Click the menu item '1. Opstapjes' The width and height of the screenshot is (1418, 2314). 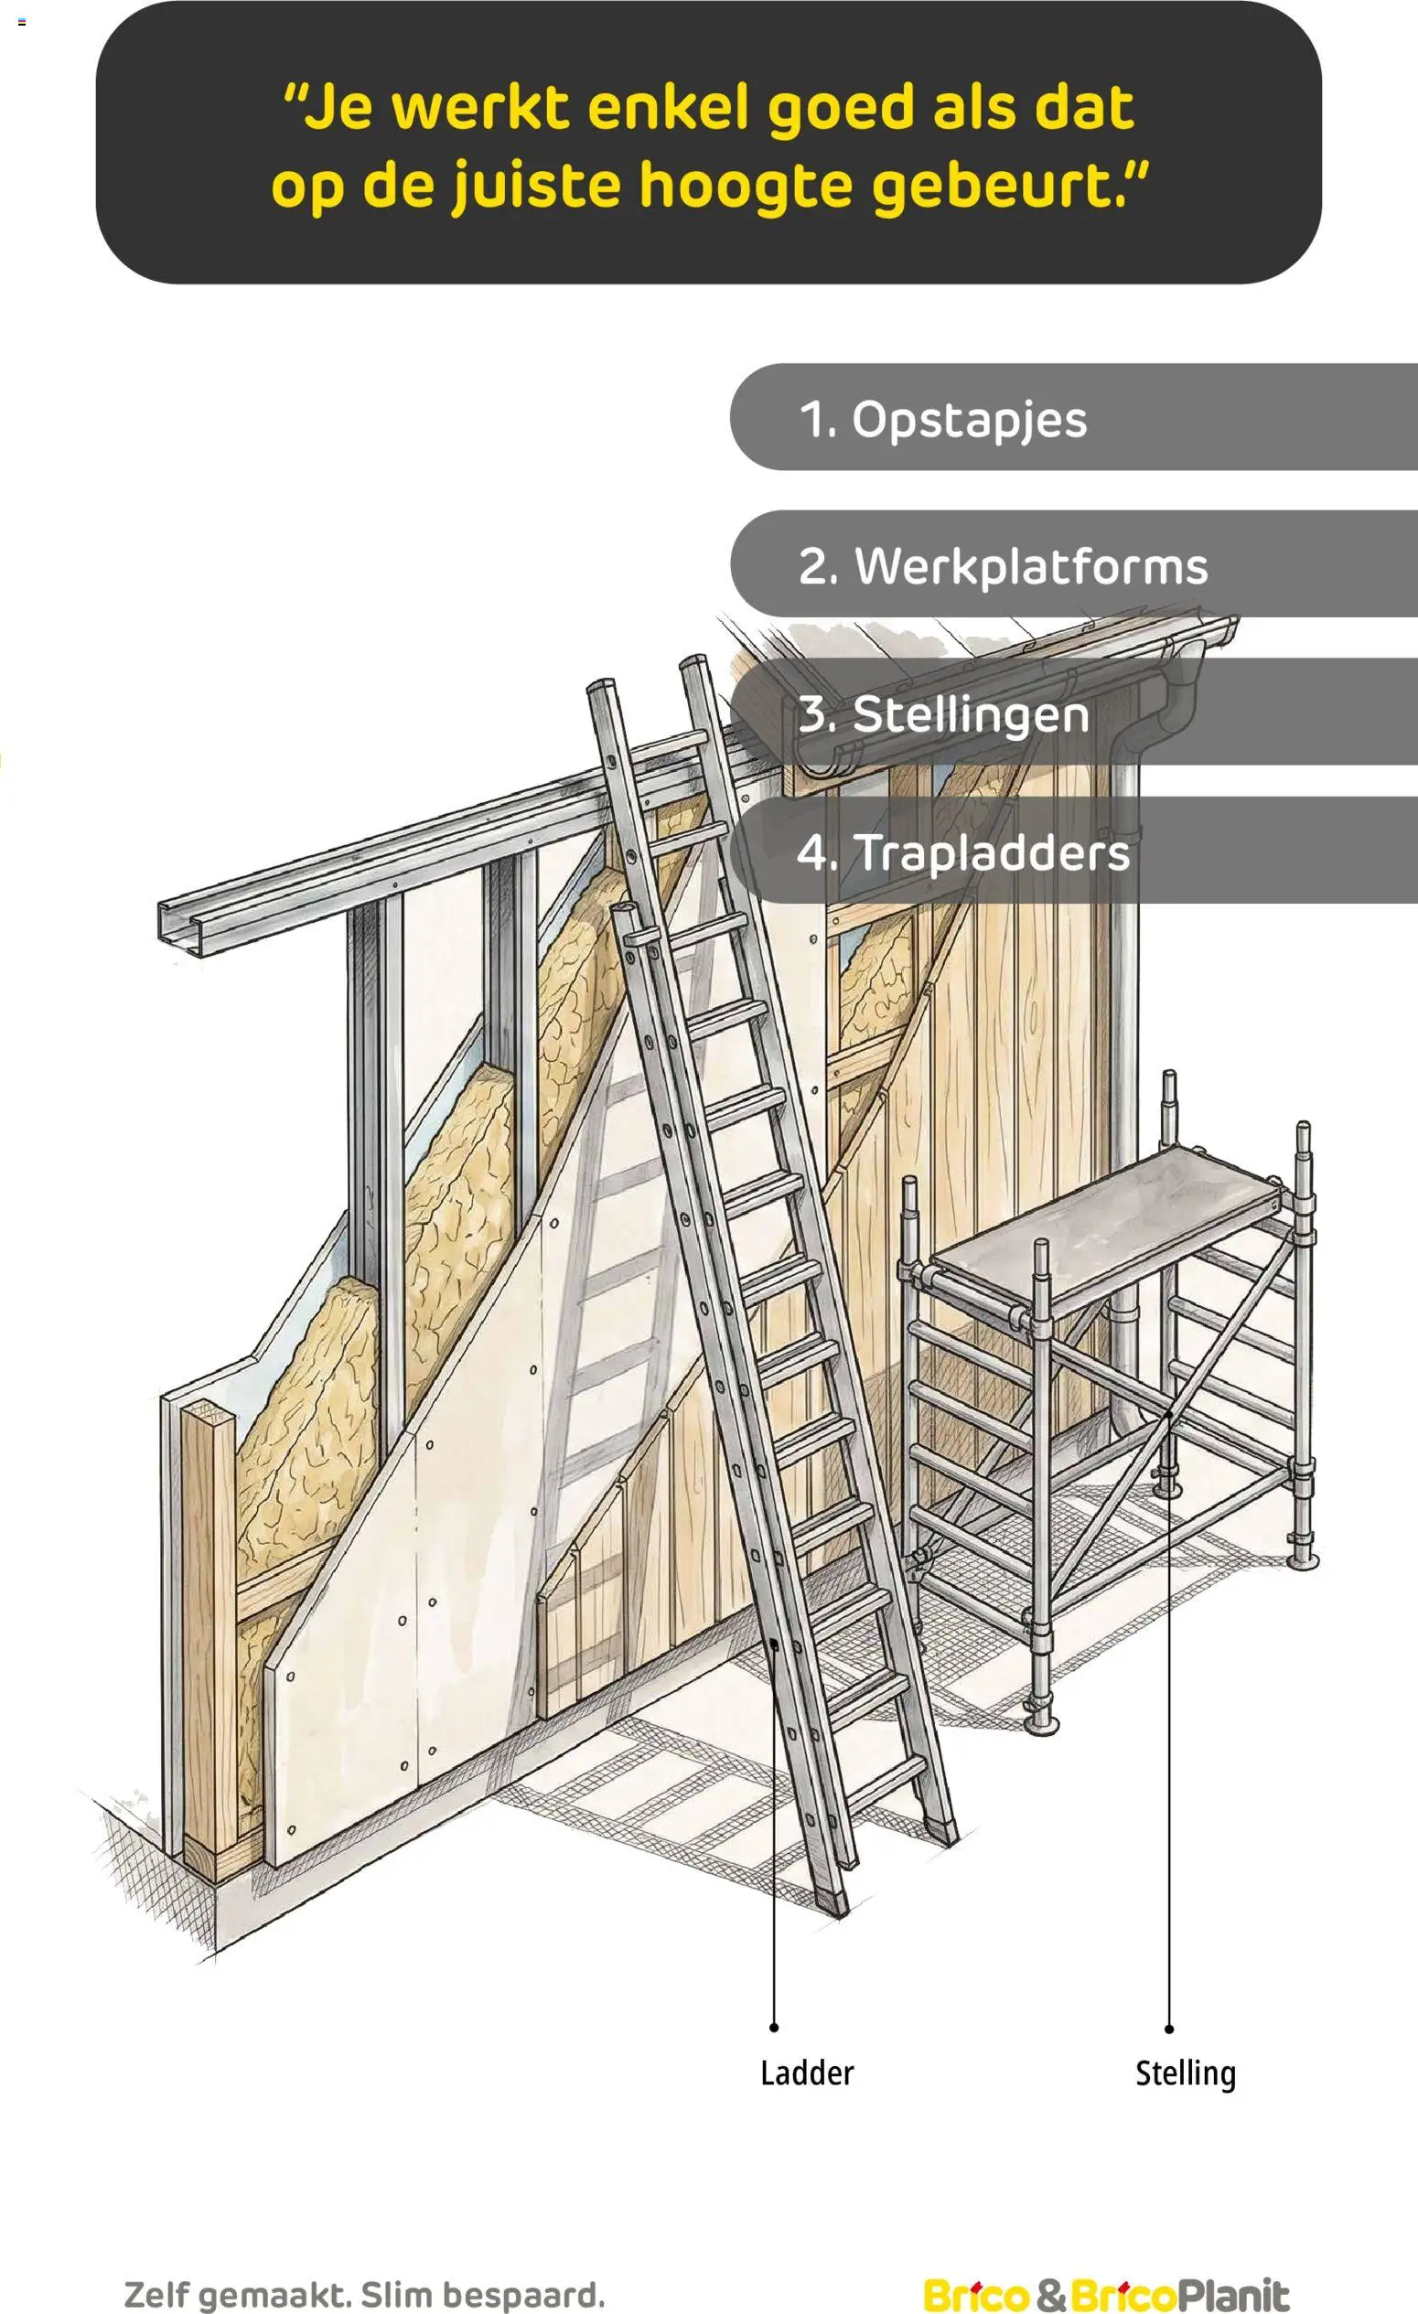click(x=1073, y=417)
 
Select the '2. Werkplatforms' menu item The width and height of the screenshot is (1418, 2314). click(x=1073, y=563)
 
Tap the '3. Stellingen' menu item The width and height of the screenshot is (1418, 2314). click(x=1073, y=711)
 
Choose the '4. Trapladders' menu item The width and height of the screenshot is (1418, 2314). click(x=1073, y=850)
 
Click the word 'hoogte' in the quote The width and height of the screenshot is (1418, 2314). click(x=747, y=187)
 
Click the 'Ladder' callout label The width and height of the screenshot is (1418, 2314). click(x=807, y=2073)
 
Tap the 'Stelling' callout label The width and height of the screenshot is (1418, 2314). click(x=1185, y=2073)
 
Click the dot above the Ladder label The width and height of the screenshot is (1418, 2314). click(x=774, y=2028)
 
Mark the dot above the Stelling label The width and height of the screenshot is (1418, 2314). click(x=1169, y=2029)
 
